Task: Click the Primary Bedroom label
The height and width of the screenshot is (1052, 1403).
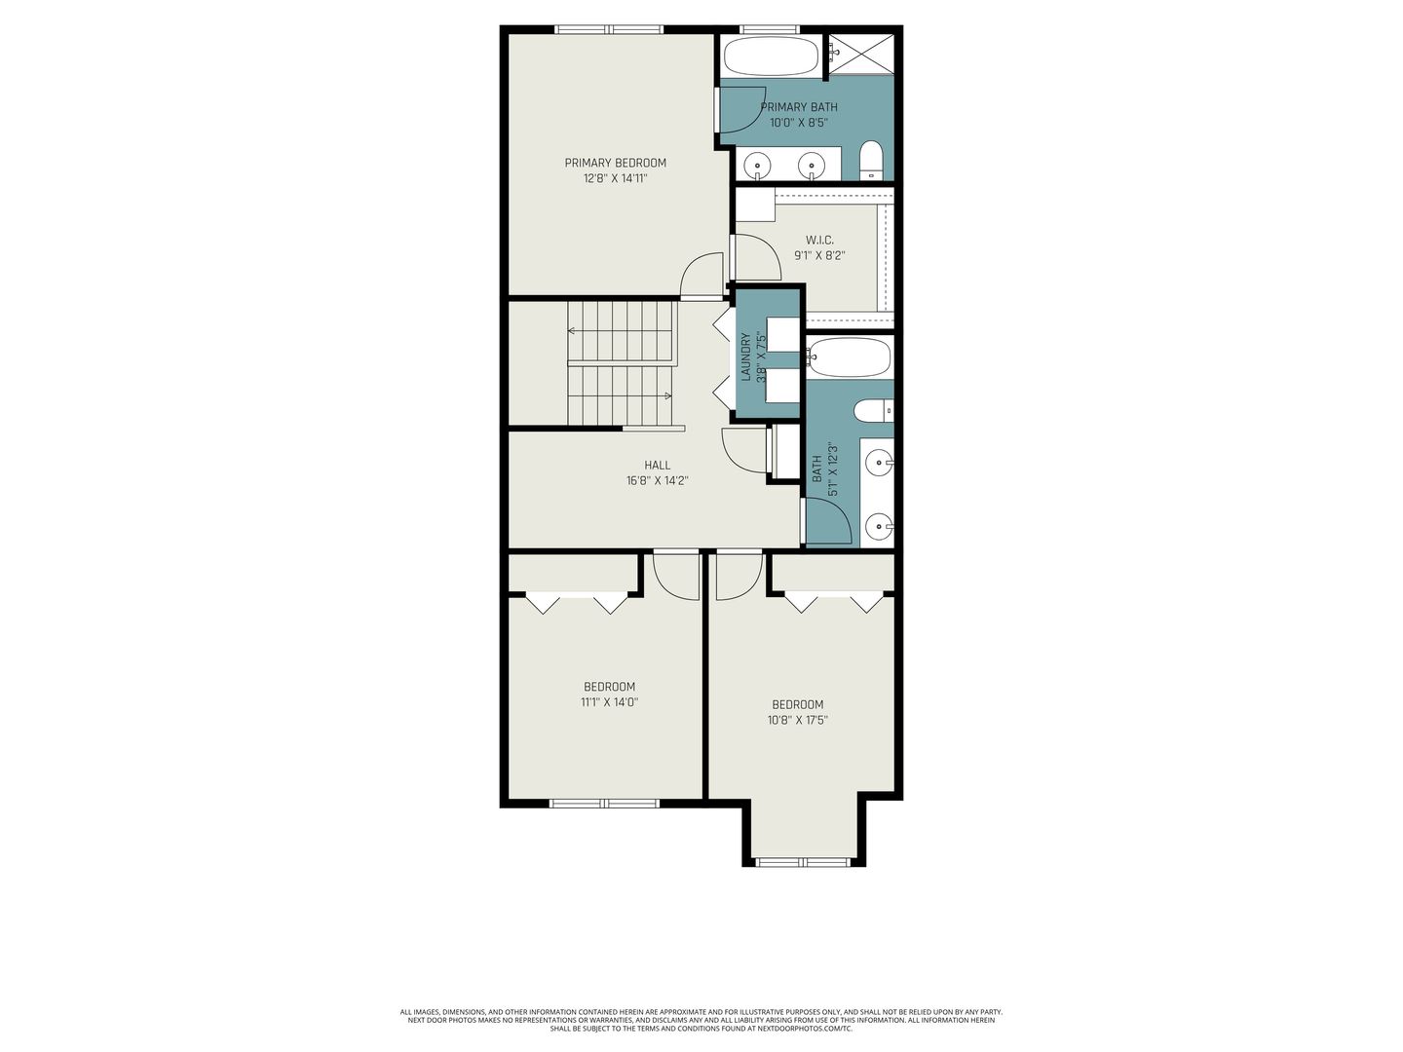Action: pos(615,163)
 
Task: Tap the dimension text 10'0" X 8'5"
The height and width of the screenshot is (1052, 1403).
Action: pos(798,123)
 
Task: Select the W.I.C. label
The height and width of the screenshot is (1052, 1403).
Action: pos(819,241)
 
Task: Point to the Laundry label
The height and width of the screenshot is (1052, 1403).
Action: pos(745,357)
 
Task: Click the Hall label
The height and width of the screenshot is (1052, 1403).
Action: pos(657,465)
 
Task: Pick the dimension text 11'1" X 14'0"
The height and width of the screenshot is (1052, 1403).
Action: pos(609,702)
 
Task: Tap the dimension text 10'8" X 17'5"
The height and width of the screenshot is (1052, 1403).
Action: pos(798,720)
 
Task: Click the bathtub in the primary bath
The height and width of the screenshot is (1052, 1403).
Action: pos(771,56)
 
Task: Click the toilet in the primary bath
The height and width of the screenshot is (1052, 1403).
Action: pos(871,161)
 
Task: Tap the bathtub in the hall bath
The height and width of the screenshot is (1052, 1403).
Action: pos(849,357)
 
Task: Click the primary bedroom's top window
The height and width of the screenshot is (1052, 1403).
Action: pos(609,29)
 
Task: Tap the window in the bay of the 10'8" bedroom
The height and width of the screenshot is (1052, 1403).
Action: pos(804,862)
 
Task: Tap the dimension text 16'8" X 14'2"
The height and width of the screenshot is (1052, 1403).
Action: pos(657,481)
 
